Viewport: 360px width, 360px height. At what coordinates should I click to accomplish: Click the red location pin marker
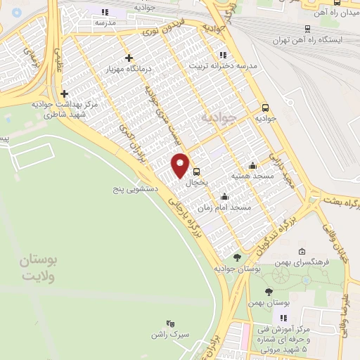point(181,165)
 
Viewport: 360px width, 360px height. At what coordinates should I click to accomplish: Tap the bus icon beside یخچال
point(196,171)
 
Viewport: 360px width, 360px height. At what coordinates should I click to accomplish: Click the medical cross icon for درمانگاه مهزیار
point(128,58)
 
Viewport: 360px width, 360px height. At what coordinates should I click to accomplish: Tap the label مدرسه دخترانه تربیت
point(223,65)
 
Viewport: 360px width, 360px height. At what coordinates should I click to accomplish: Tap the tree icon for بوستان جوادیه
point(237,257)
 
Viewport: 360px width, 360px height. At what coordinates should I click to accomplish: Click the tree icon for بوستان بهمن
point(269,290)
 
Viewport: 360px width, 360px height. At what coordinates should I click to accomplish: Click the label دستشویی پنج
point(133,189)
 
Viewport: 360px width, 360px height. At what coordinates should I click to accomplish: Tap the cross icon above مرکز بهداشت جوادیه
point(64,93)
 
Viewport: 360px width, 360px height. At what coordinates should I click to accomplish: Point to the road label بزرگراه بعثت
point(342,201)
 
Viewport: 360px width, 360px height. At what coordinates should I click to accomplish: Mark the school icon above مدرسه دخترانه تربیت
point(223,54)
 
